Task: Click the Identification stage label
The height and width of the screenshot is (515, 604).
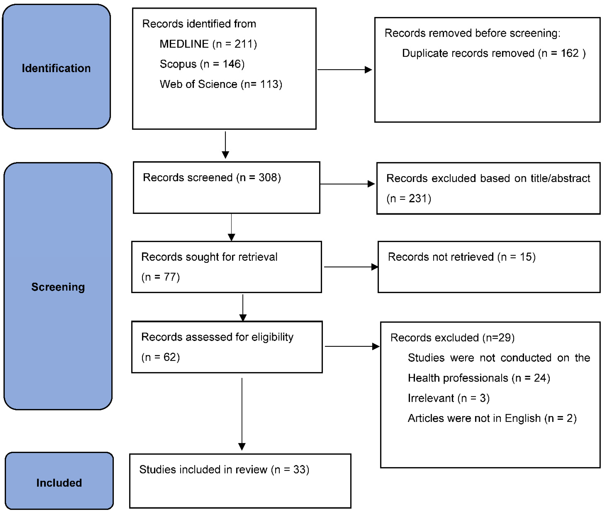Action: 56,68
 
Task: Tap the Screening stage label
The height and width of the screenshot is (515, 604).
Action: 58,287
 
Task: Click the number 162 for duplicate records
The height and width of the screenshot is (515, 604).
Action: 570,53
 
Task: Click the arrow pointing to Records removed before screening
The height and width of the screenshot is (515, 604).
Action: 344,70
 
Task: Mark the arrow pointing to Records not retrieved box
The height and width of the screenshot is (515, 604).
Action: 351,267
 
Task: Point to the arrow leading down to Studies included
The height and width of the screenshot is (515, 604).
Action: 242,414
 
